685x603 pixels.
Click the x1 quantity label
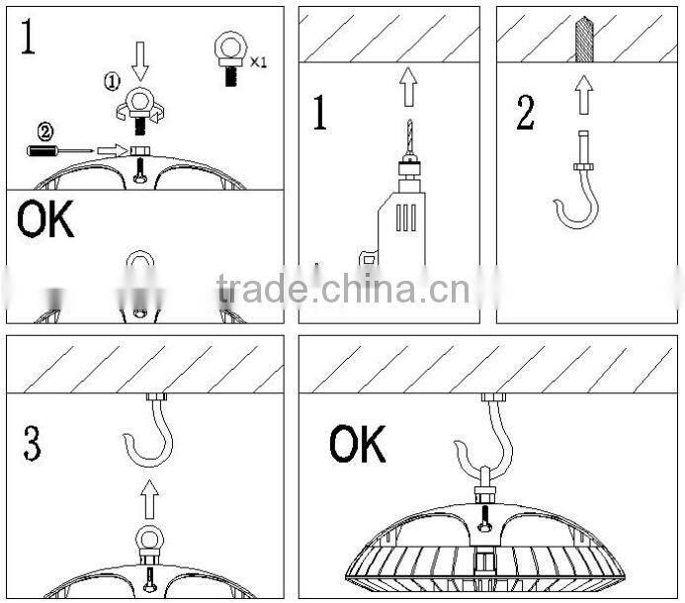click(x=259, y=61)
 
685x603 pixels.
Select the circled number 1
click(x=112, y=82)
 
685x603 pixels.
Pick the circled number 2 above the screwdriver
click(x=44, y=130)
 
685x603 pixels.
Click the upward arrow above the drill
click(x=407, y=88)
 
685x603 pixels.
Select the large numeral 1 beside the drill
click(x=320, y=115)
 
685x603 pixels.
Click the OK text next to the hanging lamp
click(x=357, y=445)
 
